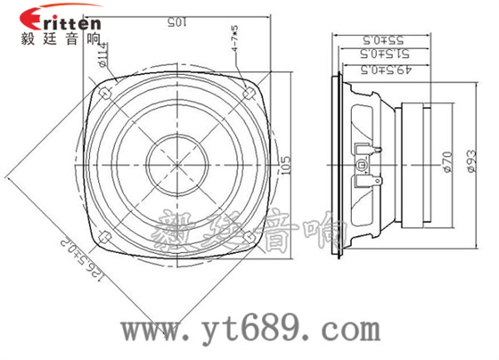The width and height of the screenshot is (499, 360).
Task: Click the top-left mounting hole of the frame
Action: click(x=104, y=91)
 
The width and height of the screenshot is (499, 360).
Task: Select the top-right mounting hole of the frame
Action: click(x=249, y=91)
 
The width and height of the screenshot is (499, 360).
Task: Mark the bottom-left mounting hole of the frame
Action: click(x=104, y=236)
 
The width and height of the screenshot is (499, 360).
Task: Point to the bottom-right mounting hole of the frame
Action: click(x=249, y=236)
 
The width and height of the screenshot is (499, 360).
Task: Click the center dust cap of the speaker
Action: click(x=176, y=164)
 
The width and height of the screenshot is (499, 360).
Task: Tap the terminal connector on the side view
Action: click(x=366, y=163)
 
